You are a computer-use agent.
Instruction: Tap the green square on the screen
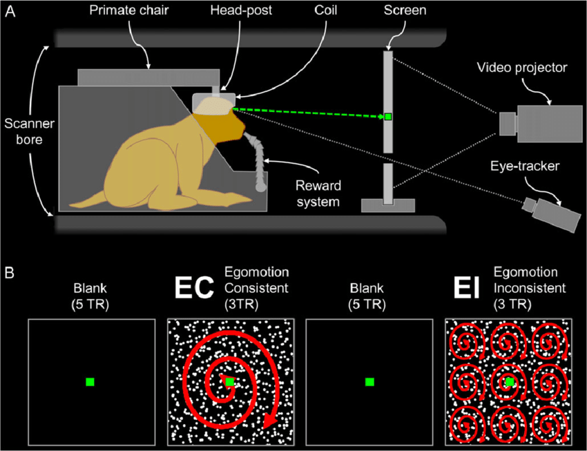[x=388, y=117]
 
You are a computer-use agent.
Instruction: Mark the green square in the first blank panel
[x=90, y=382]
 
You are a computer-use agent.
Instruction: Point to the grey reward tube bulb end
[x=260, y=186]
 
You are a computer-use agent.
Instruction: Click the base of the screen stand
[x=387, y=205]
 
